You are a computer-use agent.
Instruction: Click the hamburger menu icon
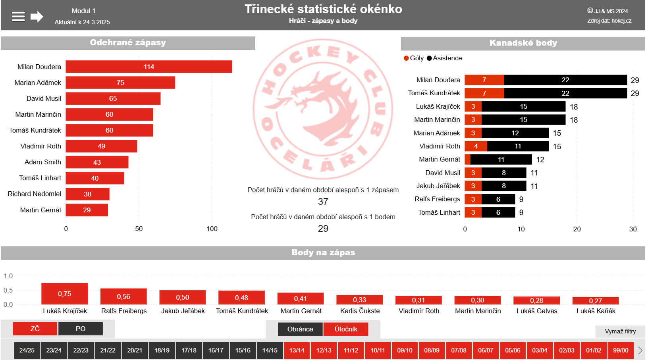point(18,16)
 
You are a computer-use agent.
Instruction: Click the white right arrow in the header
point(37,16)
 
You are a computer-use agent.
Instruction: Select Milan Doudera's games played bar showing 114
point(149,67)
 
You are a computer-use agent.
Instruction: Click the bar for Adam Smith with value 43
point(97,162)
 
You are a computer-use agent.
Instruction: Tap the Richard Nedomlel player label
point(35,194)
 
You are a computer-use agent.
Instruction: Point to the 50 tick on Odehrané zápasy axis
point(139,229)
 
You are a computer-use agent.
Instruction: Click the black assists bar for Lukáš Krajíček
point(523,106)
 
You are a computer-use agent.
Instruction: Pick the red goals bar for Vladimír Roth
point(476,146)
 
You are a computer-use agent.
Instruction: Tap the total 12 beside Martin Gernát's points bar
point(540,160)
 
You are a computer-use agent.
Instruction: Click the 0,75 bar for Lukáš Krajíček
point(64,294)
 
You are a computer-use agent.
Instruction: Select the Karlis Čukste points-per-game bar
point(359,300)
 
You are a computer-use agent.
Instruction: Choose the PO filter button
point(81,329)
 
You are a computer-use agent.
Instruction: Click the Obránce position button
point(300,329)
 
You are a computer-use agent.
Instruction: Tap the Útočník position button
point(346,329)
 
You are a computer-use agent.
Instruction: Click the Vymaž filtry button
point(620,331)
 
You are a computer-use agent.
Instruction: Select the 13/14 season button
point(297,350)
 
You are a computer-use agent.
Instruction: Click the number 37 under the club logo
point(323,202)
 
